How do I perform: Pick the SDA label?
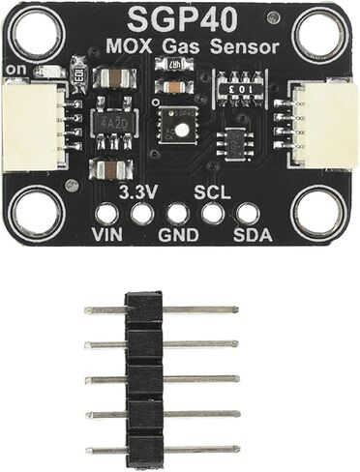tap(252, 235)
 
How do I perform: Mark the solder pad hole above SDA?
tap(248, 214)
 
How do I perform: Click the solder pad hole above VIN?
tap(107, 214)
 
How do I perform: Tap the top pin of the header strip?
tap(161, 310)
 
